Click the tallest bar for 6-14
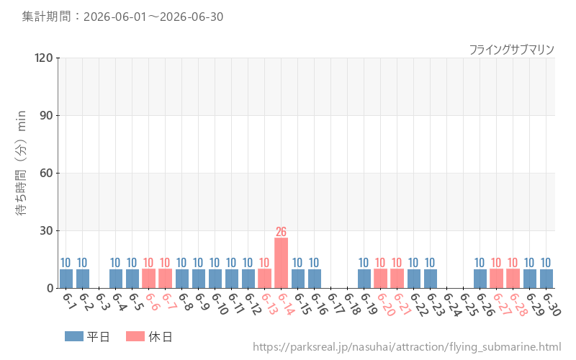coord(281,263)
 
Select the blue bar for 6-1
coord(66,279)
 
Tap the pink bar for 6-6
coord(149,279)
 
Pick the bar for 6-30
coord(546,279)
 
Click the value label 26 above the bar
coord(281,232)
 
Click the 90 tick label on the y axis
coord(46,116)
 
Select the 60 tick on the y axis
coord(46,173)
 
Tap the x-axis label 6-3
coord(102,302)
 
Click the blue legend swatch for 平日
coord(74,336)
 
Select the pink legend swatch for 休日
coord(135,336)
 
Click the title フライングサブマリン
coord(512,50)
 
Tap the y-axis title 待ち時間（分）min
coord(21,163)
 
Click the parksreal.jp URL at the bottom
coord(407,347)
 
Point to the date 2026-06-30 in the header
coord(192,17)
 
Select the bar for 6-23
coord(431,279)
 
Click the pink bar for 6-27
coord(496,279)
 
